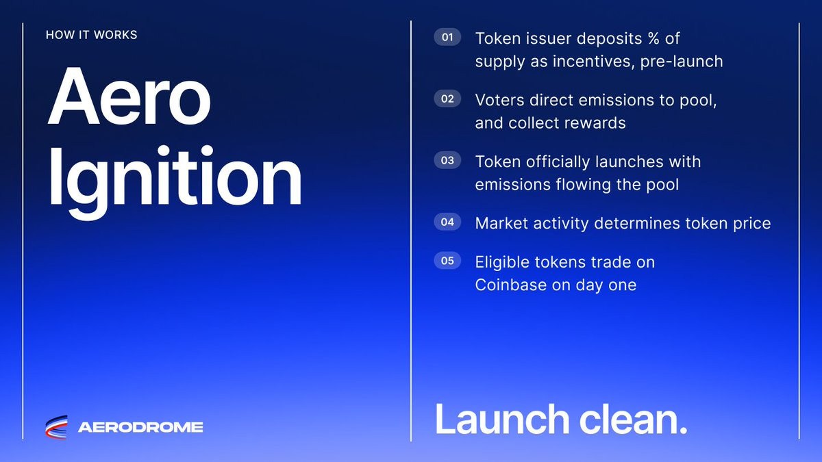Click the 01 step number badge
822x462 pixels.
click(447, 37)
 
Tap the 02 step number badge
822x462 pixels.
click(447, 99)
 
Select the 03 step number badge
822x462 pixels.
click(447, 160)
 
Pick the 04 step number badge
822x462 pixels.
click(447, 222)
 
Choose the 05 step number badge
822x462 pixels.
click(447, 261)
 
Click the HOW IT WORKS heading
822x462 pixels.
click(91, 35)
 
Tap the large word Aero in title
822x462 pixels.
click(129, 96)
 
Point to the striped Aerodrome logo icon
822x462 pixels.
click(56, 427)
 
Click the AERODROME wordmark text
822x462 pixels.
click(140, 427)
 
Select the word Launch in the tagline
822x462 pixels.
click(502, 419)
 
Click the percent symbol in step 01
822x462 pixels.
click(653, 38)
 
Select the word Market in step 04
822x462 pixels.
click(501, 223)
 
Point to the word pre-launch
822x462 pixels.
click(682, 62)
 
